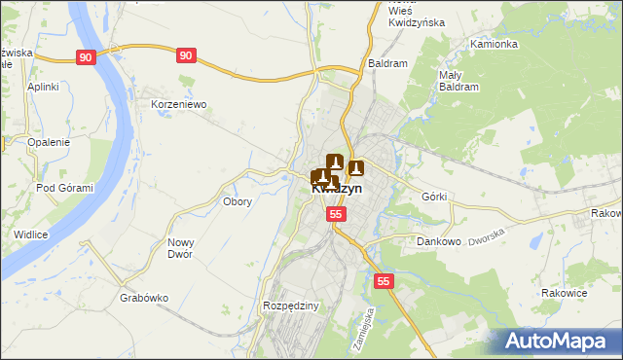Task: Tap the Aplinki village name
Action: [x=44, y=87]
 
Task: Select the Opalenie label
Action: [x=49, y=142]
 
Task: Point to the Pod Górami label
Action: [x=64, y=188]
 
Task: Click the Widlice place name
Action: [x=31, y=234]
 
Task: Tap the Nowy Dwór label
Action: [x=181, y=248]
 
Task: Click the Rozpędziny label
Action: [x=291, y=306]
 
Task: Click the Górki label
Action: [x=434, y=197]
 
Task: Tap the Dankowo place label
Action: [x=438, y=240]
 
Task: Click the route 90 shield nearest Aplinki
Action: [x=87, y=58]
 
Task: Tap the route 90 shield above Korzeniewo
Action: [x=187, y=56]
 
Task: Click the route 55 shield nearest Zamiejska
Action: [x=385, y=281]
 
